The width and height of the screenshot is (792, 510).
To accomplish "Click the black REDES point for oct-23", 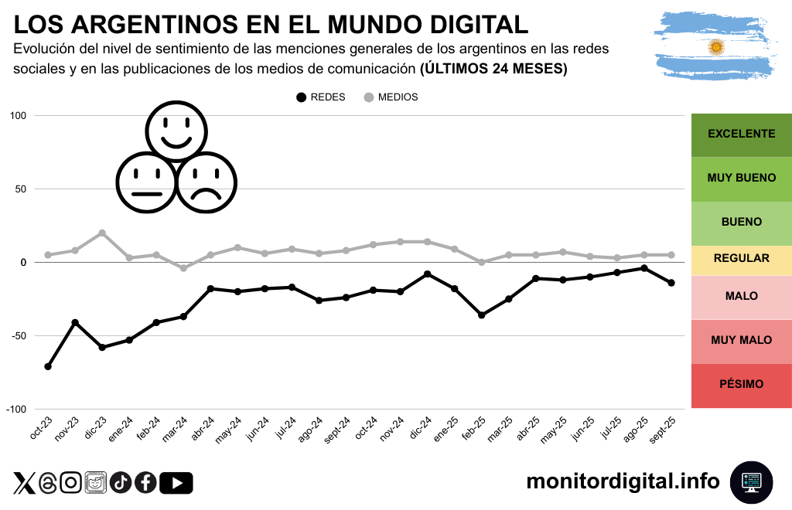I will click(48, 366).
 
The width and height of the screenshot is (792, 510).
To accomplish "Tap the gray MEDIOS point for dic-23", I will click(102, 233).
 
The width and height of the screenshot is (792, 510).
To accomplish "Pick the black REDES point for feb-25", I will click(481, 315).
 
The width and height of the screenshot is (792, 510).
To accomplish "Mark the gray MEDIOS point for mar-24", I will click(183, 268).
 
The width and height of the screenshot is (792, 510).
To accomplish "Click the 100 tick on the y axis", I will click(18, 116).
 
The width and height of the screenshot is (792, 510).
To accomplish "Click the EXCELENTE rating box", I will click(741, 134).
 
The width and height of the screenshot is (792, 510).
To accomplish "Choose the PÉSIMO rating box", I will click(741, 384).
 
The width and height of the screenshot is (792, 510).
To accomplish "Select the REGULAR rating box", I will click(741, 258).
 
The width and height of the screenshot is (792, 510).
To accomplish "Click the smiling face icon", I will click(176, 129).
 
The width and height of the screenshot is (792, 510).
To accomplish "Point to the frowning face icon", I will click(207, 182).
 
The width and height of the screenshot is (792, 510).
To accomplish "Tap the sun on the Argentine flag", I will click(716, 47).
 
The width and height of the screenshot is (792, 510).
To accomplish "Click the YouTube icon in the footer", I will click(176, 483).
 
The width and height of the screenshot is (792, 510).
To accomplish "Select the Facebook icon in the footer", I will click(145, 483).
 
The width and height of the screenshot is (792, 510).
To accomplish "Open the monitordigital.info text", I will click(623, 481).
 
